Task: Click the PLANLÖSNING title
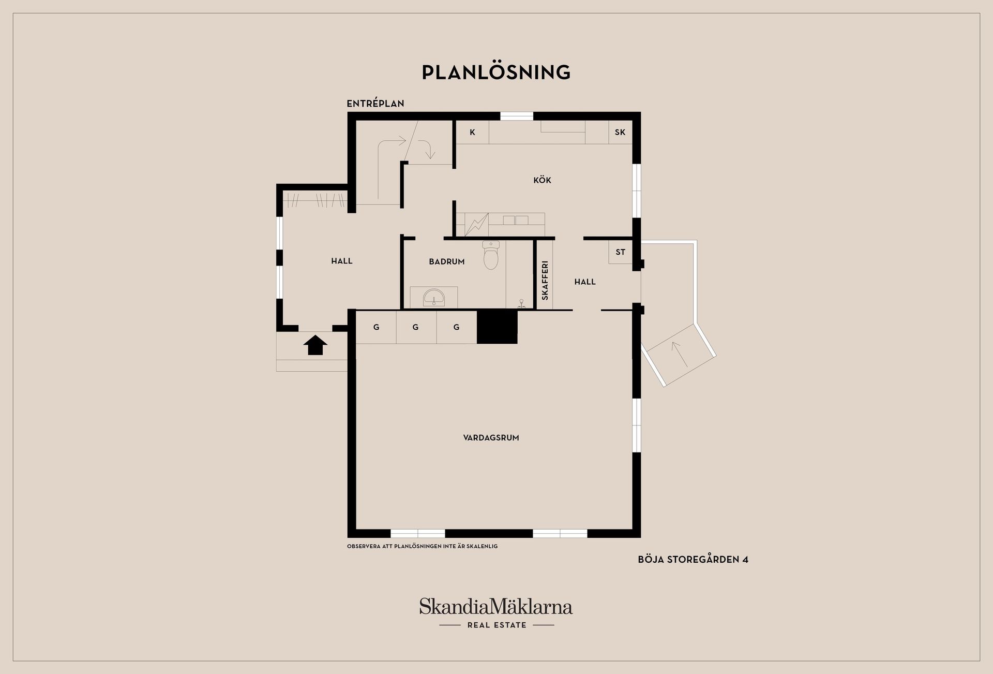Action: (496, 72)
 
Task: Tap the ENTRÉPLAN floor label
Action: (375, 104)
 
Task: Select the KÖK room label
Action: (543, 180)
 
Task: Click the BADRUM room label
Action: (447, 262)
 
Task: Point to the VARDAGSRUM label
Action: (491, 438)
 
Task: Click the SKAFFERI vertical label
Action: (545, 281)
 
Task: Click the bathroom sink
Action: (433, 298)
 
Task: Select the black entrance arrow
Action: (315, 345)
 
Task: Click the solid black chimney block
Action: (497, 327)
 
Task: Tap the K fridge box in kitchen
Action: (472, 133)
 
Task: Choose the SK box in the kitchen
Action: (620, 133)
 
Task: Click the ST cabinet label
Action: (621, 252)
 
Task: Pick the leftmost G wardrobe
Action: (376, 327)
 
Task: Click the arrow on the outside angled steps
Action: (680, 354)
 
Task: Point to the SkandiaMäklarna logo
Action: (496, 606)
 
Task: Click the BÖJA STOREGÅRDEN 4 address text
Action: (693, 560)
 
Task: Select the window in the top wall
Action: (517, 116)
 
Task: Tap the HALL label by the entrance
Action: (342, 261)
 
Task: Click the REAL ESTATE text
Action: (497, 625)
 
